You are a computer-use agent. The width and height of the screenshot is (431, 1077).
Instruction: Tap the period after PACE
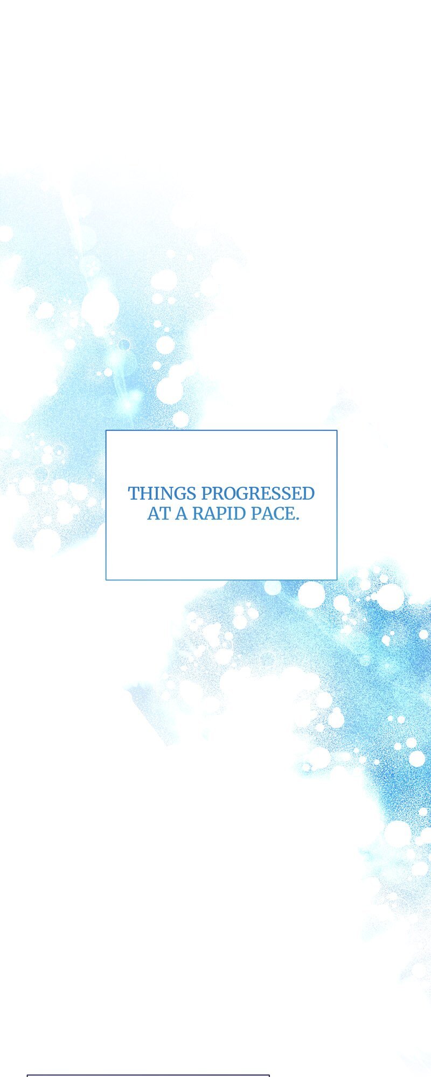(x=297, y=518)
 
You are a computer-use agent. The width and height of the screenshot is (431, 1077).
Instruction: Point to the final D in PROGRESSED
(x=308, y=493)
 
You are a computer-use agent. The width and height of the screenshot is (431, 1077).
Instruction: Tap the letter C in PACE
(x=277, y=513)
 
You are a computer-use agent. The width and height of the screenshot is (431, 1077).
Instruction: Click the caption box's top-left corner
(x=106, y=430)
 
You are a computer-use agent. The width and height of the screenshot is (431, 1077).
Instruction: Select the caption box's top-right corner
(x=337, y=430)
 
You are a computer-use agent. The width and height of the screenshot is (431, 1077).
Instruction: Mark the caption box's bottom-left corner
(x=106, y=579)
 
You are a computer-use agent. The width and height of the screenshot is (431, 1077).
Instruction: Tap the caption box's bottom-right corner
(x=337, y=579)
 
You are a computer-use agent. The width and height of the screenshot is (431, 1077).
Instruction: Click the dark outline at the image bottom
(x=148, y=1075)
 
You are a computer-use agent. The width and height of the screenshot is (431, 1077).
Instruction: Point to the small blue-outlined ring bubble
(x=124, y=344)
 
